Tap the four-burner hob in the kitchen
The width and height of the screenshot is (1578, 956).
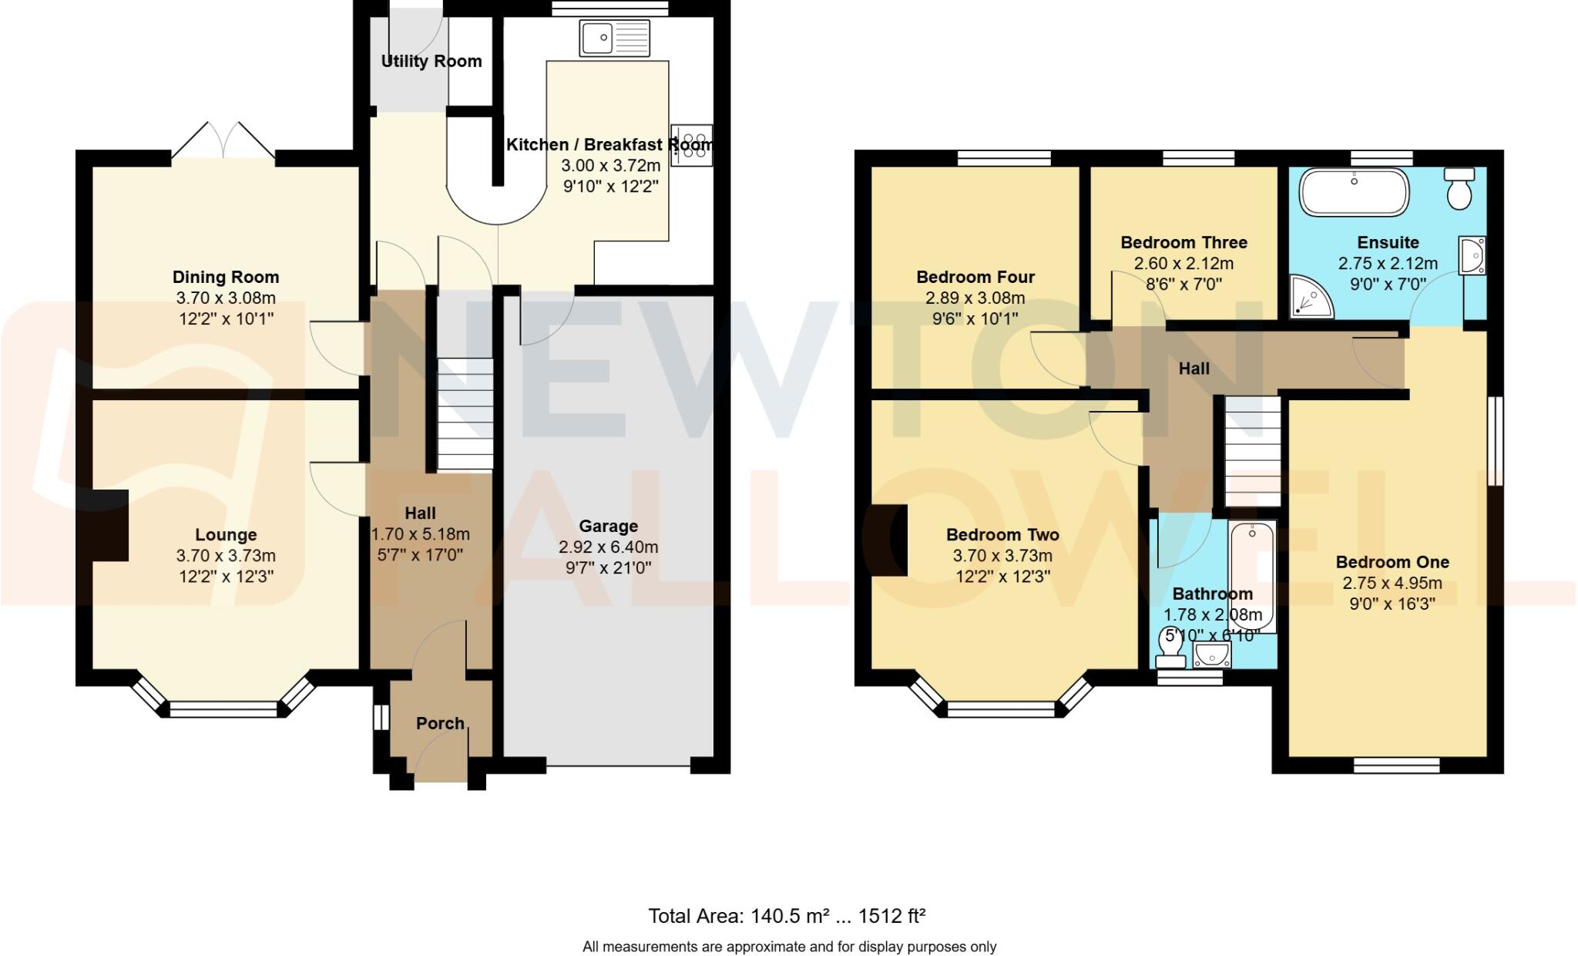[x=691, y=145]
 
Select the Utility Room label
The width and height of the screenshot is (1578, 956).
[x=431, y=61]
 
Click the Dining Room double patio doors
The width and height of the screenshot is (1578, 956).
[x=223, y=142]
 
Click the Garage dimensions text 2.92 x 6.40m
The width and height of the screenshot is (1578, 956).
[x=608, y=547]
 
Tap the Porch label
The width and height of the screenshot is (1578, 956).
[x=440, y=723]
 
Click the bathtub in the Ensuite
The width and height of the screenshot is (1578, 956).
[x=1354, y=192]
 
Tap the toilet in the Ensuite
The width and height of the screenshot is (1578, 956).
[x=1459, y=188]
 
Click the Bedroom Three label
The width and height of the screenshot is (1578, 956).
[x=1183, y=242]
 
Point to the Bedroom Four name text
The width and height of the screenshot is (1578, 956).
[x=975, y=277]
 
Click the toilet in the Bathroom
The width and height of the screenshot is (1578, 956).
[x=1170, y=648]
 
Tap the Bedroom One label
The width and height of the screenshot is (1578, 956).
[x=1392, y=562]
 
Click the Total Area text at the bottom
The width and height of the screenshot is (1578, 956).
[x=786, y=916]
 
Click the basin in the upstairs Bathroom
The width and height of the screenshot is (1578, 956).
[x=1212, y=656]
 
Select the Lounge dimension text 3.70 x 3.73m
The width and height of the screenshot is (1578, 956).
[x=226, y=556]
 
